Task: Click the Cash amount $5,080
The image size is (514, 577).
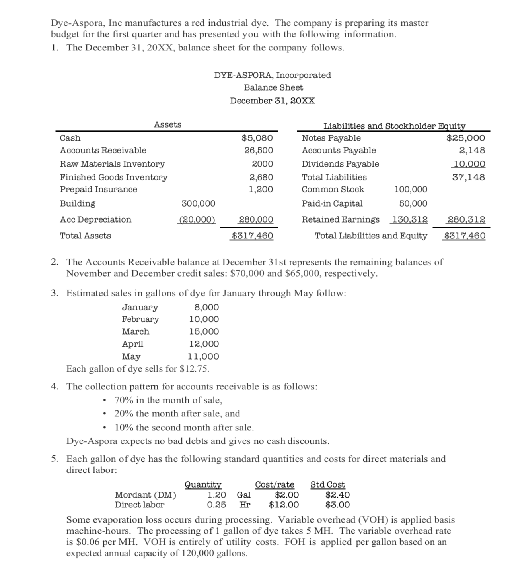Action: click(x=257, y=138)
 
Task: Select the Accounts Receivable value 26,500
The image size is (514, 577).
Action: click(x=259, y=151)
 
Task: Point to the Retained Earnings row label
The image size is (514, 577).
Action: click(x=341, y=220)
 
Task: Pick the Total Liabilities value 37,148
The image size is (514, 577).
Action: click(x=469, y=178)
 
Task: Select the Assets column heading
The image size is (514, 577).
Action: click(x=167, y=125)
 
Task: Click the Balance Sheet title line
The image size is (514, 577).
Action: click(x=273, y=88)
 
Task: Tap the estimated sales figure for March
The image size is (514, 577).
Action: click(x=204, y=332)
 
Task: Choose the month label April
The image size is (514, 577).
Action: click(x=132, y=344)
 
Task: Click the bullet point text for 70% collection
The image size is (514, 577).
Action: click(x=168, y=400)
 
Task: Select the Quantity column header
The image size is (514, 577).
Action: click(x=203, y=485)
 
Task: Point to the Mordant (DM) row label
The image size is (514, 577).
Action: click(x=146, y=495)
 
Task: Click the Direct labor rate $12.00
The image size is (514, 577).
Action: click(x=284, y=505)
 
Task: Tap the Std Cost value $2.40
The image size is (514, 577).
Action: click(x=337, y=495)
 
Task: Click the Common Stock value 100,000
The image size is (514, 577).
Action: click(x=411, y=190)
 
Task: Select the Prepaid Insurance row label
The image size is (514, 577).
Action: click(x=99, y=190)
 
